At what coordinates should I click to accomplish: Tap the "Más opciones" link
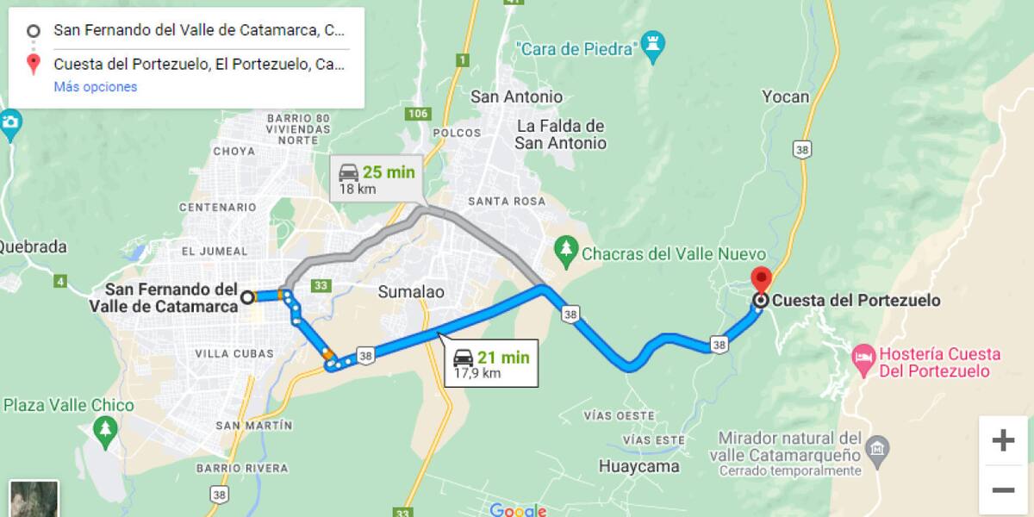(x=95, y=87)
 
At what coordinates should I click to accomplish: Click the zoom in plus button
(x=1003, y=441)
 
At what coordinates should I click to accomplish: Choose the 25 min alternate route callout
(x=377, y=179)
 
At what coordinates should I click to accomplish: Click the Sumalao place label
(x=411, y=292)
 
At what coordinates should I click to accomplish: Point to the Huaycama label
(x=638, y=467)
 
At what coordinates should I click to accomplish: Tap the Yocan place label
(x=785, y=97)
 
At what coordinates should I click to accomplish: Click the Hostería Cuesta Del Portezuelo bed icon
(x=863, y=355)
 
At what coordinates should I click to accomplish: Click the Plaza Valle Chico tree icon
(x=105, y=428)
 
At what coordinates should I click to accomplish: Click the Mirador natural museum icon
(x=877, y=447)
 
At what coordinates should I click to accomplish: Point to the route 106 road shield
(x=419, y=114)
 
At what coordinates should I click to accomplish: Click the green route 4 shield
(x=60, y=281)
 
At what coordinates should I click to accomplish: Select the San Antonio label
(x=516, y=97)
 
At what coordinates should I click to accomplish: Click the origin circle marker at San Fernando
(x=247, y=297)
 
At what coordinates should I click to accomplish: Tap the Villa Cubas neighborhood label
(x=234, y=353)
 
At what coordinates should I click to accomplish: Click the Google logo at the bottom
(x=518, y=510)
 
